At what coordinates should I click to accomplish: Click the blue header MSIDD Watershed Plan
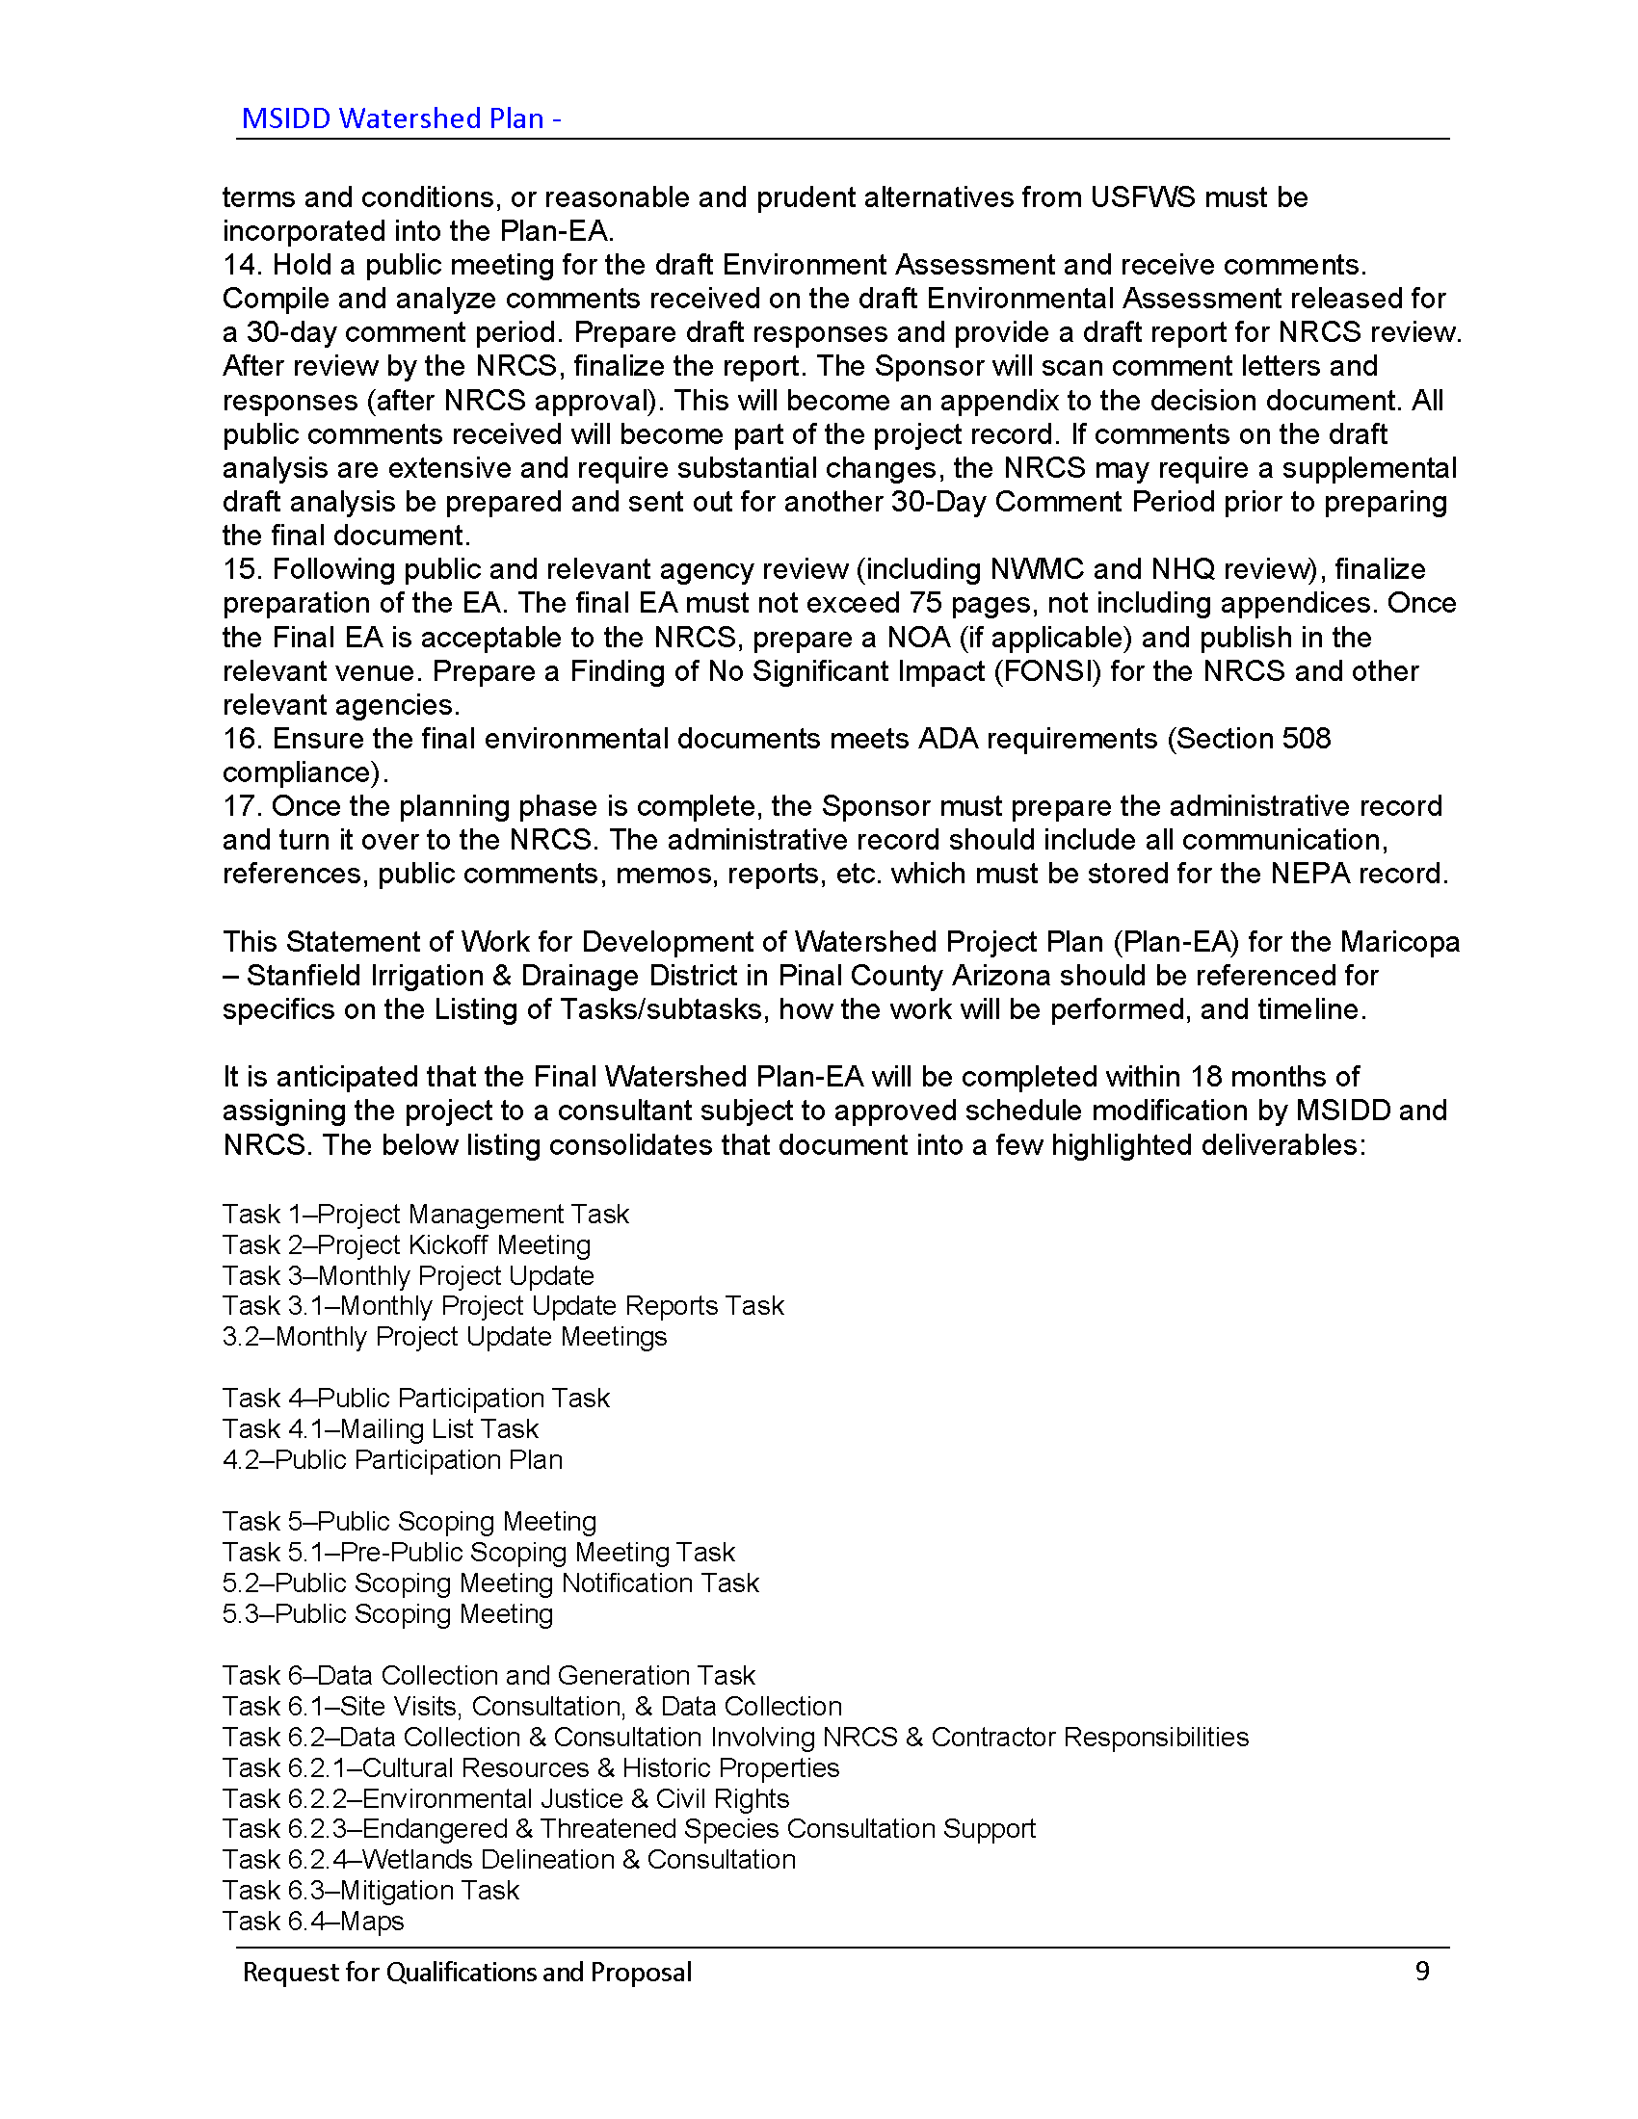401,118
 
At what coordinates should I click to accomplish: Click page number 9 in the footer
1421,1971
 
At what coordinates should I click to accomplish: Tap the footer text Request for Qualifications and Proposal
466,1972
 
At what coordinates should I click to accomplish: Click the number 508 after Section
1307,739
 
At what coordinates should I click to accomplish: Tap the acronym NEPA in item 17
1310,874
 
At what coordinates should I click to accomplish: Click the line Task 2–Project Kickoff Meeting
406,1244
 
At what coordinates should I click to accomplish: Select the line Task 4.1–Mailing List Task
380,1428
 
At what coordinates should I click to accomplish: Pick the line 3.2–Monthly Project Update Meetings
444,1336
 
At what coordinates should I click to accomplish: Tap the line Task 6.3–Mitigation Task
370,1890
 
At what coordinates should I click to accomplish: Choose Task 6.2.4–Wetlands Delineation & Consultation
509,1859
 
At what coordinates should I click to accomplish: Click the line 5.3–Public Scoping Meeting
387,1613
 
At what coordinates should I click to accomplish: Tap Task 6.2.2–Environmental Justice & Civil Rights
506,1798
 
